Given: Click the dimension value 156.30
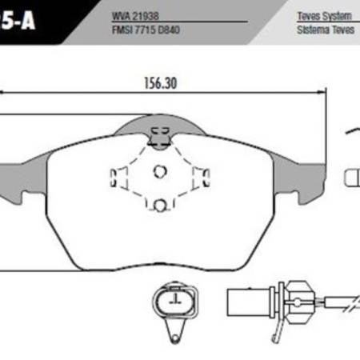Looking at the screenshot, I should click(x=152, y=82).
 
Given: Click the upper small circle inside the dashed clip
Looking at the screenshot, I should click(x=159, y=170).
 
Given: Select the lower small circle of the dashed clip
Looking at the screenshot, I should click(x=159, y=204).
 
